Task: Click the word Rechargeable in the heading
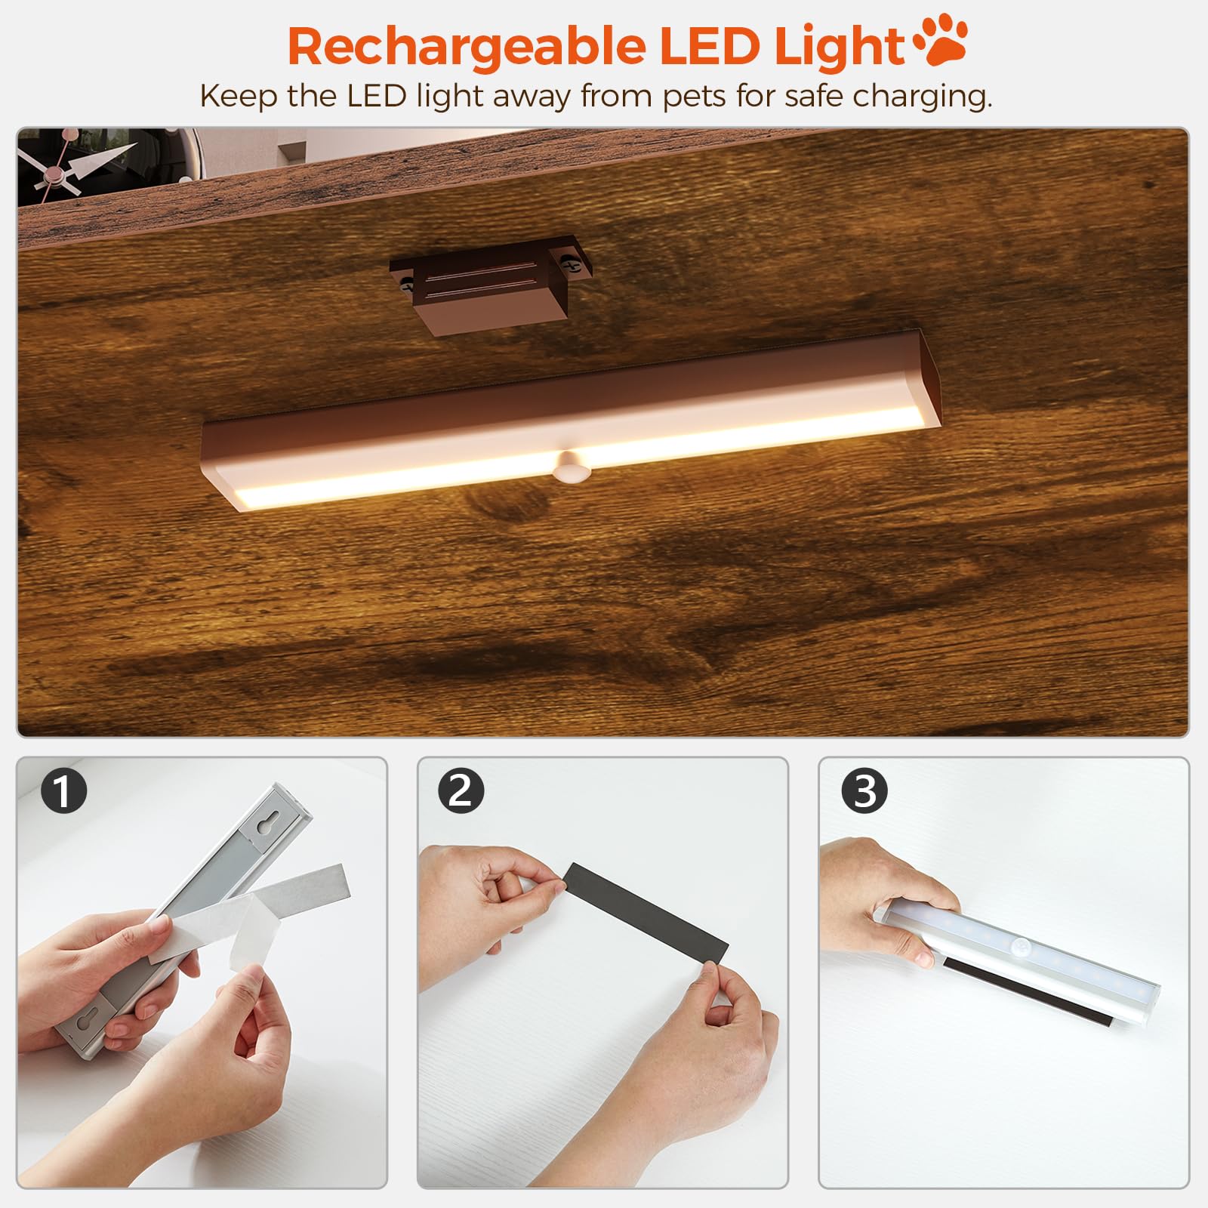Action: tap(467, 47)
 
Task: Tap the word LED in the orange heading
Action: tap(710, 46)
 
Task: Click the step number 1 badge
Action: tap(64, 790)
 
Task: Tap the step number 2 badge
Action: tap(461, 790)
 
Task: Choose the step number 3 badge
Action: tap(865, 790)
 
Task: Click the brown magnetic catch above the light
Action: tap(490, 284)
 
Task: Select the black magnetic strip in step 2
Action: tap(646, 912)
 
